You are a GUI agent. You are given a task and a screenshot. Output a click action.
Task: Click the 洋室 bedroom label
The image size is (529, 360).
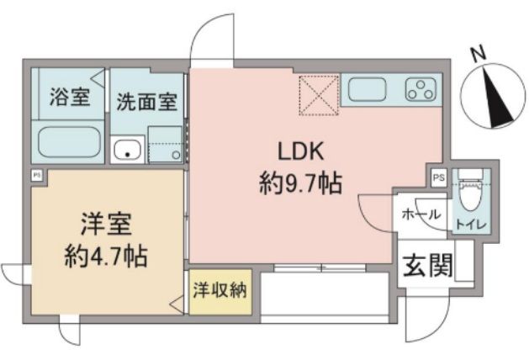[107, 225]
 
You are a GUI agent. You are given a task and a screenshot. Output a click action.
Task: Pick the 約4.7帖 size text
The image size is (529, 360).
[107, 254]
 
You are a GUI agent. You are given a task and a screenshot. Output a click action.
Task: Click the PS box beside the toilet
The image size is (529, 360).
[438, 177]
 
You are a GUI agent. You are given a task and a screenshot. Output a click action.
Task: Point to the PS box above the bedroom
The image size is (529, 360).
[37, 175]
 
